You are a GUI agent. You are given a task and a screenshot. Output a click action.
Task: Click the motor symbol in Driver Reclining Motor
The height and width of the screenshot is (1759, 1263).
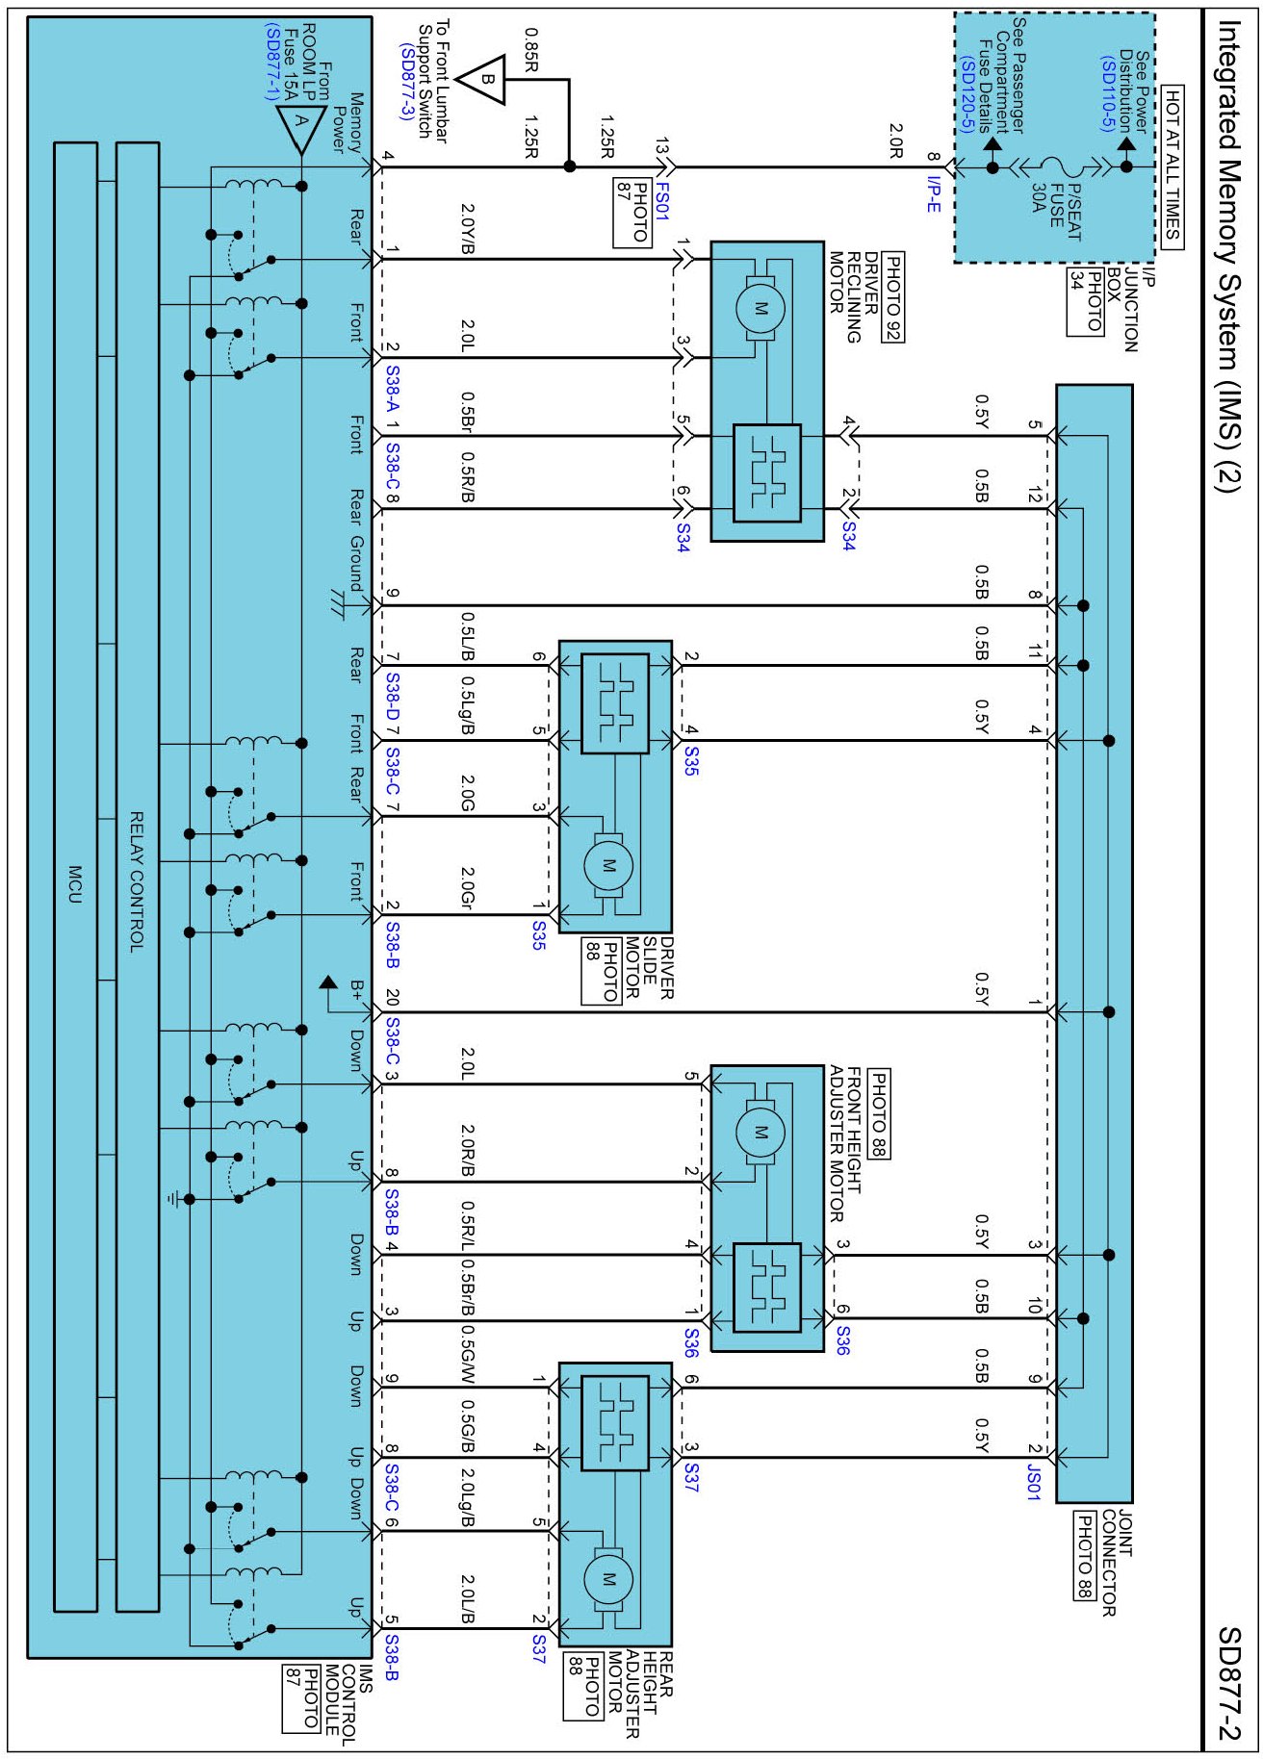pyautogui.click(x=760, y=309)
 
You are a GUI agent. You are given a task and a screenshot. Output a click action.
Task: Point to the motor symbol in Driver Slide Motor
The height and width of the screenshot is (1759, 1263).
pyautogui.click(x=608, y=866)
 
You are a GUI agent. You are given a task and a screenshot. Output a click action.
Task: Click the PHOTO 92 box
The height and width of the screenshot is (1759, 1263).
pyautogui.click(x=893, y=297)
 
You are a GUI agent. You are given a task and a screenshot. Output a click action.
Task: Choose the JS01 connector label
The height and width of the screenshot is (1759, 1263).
pyautogui.click(x=1033, y=1482)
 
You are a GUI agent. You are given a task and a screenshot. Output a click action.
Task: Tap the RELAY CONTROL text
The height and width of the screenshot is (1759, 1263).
pyautogui.click(x=137, y=881)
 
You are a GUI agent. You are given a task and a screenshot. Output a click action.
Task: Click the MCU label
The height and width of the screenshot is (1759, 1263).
pyautogui.click(x=75, y=883)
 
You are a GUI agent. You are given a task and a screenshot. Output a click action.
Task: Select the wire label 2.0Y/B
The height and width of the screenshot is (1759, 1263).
pyautogui.click(x=468, y=229)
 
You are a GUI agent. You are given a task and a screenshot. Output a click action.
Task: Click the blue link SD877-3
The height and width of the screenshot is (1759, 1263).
pyautogui.click(x=406, y=82)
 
